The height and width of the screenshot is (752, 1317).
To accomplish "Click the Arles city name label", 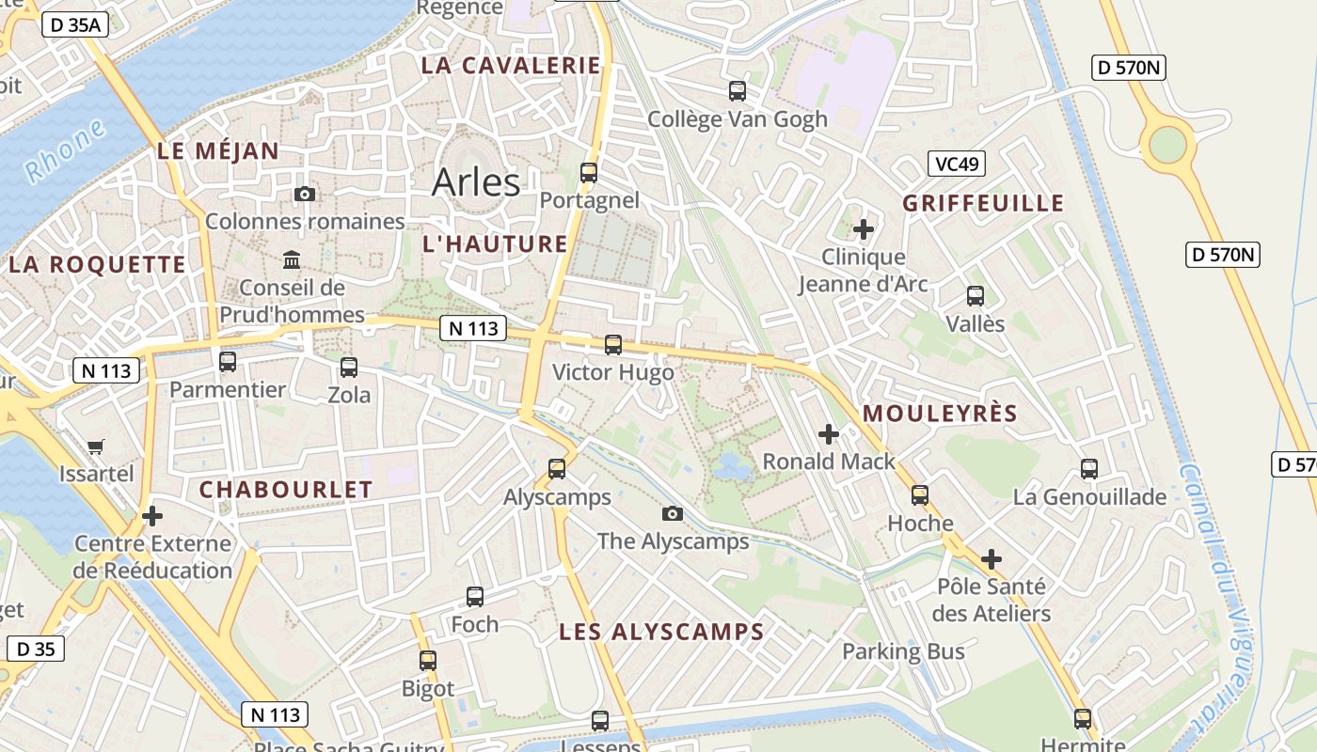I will tap(476, 181).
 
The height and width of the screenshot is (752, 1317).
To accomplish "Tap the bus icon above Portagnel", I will tap(589, 173).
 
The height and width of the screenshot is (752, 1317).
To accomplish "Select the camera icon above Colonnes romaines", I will tap(305, 195).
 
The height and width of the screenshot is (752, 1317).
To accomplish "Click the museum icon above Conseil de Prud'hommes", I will tap(292, 259).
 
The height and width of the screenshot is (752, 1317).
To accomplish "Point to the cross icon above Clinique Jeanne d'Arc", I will tap(864, 228).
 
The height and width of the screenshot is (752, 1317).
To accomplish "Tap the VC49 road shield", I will tap(956, 164).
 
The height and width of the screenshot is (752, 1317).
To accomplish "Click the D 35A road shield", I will tap(74, 24).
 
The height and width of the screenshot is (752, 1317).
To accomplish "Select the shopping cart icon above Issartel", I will tap(96, 446).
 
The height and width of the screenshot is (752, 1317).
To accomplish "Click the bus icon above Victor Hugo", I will tap(613, 345).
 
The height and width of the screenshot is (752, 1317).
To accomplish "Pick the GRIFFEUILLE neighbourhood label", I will tap(983, 203).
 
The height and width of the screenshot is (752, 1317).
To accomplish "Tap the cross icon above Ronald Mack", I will tap(829, 434).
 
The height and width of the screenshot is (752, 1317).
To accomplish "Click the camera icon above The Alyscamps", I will tap(672, 513).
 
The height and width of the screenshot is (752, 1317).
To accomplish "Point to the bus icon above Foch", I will tap(475, 597).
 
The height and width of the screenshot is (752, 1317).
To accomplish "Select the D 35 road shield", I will tap(36, 649).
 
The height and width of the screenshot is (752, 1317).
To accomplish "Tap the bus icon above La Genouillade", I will tap(1089, 469).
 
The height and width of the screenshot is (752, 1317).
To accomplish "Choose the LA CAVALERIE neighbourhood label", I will tap(511, 65).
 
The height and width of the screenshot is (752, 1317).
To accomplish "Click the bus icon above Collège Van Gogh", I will tap(738, 91).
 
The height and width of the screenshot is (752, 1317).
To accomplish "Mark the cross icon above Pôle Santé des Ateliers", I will tap(992, 560).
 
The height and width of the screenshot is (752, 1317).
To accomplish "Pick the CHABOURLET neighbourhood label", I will tap(286, 489).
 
